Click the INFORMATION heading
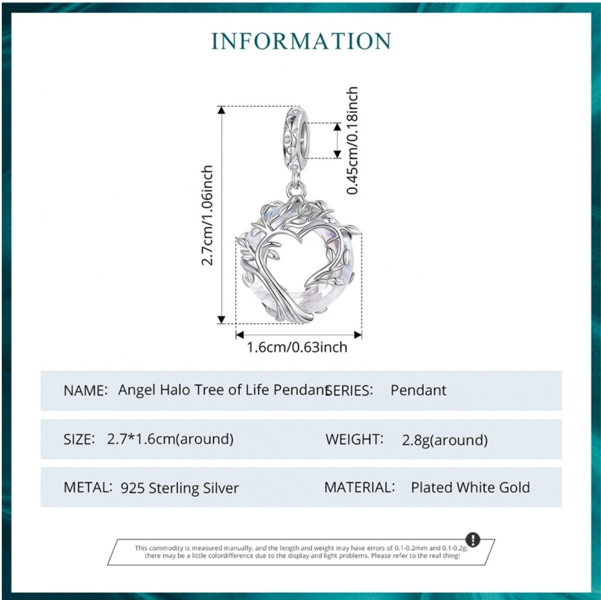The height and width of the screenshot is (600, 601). coord(301,41)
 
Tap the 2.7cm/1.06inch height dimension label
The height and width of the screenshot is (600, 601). coord(207,216)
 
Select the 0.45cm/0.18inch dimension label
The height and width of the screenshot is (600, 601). coord(352,141)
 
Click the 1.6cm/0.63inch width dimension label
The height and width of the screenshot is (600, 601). coord(297,347)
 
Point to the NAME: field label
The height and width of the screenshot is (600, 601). coord(85,390)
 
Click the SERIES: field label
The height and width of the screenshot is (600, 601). coord(349,390)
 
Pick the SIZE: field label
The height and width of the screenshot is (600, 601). coord(79,439)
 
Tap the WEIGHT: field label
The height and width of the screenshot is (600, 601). coord(355,439)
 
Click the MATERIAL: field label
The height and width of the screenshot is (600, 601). coord(359,487)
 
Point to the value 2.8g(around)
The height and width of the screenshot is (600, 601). coord(445,440)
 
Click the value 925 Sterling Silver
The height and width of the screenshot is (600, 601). coord(180,488)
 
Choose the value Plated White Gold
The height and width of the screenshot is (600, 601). coord(471,487)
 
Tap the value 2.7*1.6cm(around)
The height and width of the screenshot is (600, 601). coord(170,439)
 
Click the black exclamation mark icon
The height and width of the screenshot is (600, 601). coord(472,539)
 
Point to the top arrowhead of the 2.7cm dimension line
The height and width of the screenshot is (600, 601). coord(221,110)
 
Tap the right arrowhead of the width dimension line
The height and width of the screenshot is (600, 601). coord(358,335)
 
